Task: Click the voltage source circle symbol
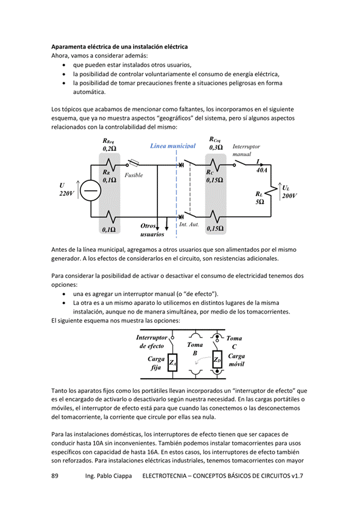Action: point(91,191)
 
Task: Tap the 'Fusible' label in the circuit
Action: point(134,176)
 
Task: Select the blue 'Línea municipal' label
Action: point(172,146)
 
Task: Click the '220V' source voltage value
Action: point(67,194)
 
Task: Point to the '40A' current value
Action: point(261,170)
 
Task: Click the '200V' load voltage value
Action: point(289,195)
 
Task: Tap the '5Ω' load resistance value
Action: point(260,202)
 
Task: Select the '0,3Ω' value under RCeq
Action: point(216,148)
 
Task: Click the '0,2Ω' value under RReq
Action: point(110,149)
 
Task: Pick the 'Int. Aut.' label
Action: point(189,225)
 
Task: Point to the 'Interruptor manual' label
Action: point(246,150)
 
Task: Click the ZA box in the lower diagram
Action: point(172,363)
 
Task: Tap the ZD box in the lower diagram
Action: point(217,360)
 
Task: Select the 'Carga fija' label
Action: point(156,363)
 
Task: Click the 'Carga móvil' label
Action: point(237,360)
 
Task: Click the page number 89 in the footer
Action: point(55,476)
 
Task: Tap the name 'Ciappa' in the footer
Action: point(122,476)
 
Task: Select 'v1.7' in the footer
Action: point(297,476)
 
